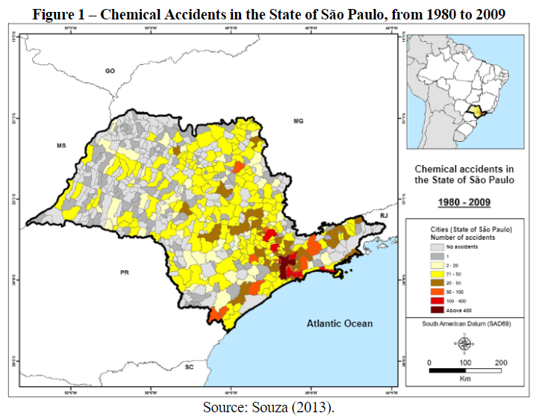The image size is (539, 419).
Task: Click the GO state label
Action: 110,71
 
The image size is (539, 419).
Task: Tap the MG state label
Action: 299,121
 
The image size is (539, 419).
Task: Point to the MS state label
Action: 62,146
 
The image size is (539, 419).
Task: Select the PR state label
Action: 125,273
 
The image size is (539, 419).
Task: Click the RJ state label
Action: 384,215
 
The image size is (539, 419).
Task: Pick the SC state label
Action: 190,367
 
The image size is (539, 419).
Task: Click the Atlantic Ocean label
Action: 339,323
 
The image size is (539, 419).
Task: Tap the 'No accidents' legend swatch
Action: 438,245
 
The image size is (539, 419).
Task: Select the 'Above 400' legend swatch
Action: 438,308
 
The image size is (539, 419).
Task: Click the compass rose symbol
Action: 464,344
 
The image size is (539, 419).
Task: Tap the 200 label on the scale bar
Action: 501,362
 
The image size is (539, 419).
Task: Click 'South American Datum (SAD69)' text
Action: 464,324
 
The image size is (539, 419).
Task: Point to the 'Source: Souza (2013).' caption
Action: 268,408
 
